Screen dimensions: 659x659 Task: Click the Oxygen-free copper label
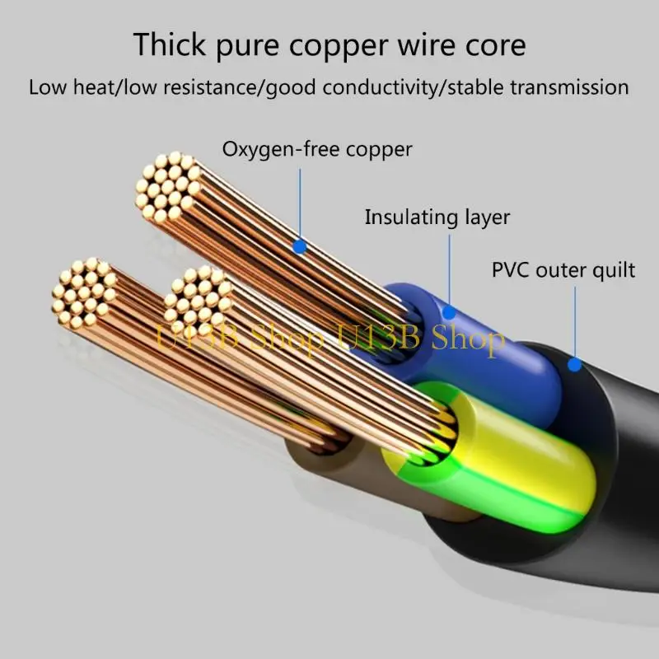(317, 150)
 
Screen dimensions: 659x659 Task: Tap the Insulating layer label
(437, 217)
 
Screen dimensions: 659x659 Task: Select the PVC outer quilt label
(563, 269)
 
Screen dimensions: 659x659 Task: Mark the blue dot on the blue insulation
(449, 312)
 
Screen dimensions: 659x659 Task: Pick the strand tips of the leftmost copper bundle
(82, 293)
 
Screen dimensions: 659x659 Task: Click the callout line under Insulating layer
(450, 268)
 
